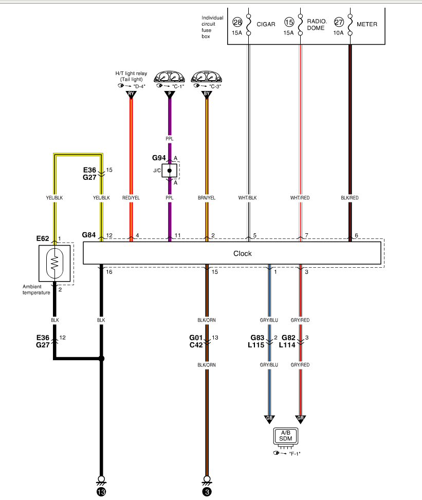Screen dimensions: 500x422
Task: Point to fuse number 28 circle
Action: (237, 23)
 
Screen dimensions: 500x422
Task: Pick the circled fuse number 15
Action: (289, 23)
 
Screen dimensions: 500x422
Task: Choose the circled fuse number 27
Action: (339, 23)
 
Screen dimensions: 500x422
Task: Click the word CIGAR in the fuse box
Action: (266, 24)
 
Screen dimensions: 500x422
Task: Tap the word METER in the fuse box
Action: (367, 24)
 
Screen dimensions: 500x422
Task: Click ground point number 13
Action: (101, 492)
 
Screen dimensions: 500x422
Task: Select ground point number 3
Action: (207, 492)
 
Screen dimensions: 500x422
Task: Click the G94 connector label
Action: (159, 157)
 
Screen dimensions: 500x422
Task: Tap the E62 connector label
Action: (43, 238)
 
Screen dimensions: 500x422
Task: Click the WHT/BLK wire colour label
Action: (249, 198)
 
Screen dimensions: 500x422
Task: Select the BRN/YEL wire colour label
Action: (207, 198)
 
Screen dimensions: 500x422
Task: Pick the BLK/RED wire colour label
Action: (350, 198)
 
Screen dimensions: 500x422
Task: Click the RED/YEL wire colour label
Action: (131, 198)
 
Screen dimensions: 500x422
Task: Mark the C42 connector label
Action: (196, 345)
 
